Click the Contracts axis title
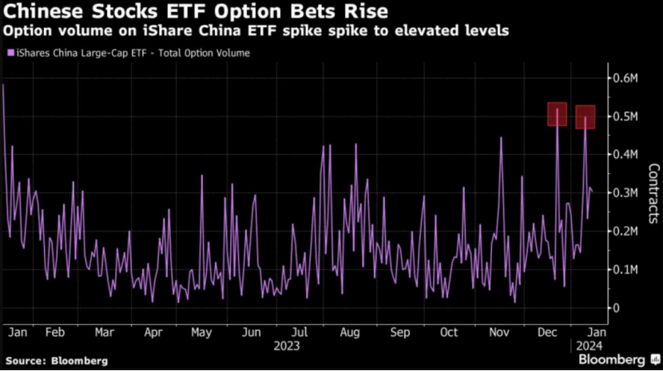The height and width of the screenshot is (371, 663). coord(653,192)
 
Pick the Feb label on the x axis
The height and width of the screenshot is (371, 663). coord(55,332)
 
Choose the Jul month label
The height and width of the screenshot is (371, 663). coord(300,332)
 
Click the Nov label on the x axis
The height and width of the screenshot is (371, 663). coord(499,332)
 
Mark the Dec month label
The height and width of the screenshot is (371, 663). coord(549,332)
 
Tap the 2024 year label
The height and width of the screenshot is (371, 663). coord(588,347)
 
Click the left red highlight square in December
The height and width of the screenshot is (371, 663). coord(557,114)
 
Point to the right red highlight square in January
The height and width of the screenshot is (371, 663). coord(586,116)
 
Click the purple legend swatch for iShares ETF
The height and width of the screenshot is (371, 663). coord(10,53)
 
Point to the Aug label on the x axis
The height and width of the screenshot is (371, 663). coord(349,332)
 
